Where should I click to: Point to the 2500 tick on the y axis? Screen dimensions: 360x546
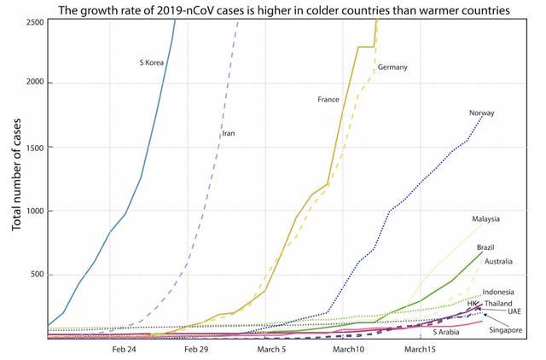click(36, 20)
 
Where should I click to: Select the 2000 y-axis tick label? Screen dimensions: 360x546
click(36, 83)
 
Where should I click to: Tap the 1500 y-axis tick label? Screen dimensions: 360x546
click(36, 147)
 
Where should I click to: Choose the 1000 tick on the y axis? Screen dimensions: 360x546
click(36, 211)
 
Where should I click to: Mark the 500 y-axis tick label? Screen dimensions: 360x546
click(38, 275)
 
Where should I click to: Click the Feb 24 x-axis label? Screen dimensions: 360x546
click(125, 349)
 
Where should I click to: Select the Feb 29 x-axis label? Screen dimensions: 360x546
click(196, 349)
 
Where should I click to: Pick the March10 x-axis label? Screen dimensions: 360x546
click(348, 349)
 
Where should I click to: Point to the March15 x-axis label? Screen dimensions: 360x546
click(420, 349)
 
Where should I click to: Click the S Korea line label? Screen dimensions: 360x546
click(153, 61)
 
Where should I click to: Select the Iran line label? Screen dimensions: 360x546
click(228, 133)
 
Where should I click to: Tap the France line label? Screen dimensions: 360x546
click(328, 100)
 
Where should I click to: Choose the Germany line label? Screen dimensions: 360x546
click(392, 67)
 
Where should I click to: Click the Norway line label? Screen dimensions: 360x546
click(482, 113)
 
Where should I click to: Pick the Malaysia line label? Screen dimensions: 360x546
click(487, 218)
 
